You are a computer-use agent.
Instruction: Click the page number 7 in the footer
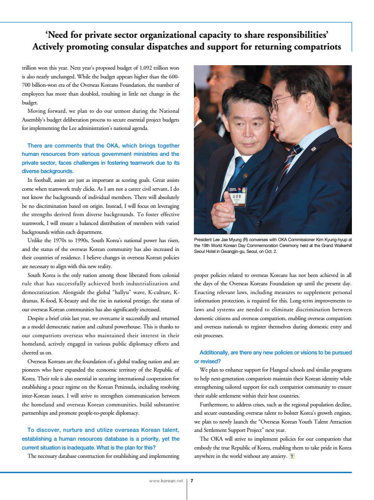tap(191, 481)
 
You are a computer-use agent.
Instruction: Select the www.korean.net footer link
tap(165, 481)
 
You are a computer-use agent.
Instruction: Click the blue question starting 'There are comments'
tap(101, 158)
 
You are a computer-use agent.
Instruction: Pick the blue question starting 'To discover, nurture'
tap(101, 439)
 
